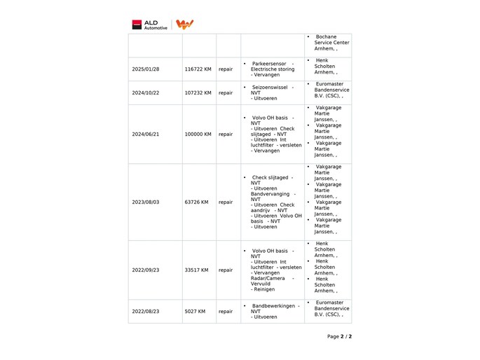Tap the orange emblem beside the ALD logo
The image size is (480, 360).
click(185, 25)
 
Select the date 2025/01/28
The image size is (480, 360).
click(146, 69)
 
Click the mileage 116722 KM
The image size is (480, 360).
click(198, 69)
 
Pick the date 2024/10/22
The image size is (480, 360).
click(146, 92)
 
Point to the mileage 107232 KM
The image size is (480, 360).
click(198, 92)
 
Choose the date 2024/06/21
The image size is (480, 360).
click(146, 134)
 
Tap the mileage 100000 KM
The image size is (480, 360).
click(198, 134)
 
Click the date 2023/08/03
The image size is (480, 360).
click(146, 202)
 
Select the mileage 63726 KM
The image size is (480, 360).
click(196, 202)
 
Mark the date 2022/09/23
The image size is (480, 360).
click(146, 270)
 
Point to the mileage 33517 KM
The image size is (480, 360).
click(196, 270)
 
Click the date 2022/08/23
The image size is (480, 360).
click(146, 311)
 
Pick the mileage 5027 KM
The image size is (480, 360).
click(195, 311)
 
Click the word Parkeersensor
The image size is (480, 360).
click(269, 64)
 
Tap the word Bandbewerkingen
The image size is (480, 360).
click(273, 305)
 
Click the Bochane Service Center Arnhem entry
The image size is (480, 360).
click(331, 43)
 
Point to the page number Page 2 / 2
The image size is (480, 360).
click(339, 336)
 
